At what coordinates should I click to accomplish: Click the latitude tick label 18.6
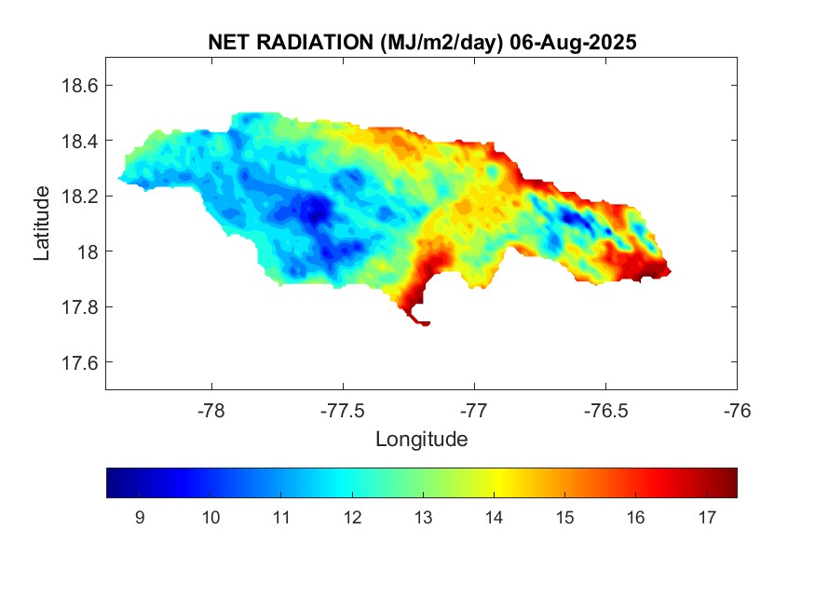79,86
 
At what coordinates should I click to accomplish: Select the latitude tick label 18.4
79,141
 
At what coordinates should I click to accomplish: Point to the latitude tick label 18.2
79,197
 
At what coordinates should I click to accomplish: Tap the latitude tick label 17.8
79,307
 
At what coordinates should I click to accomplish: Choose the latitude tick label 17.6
79,362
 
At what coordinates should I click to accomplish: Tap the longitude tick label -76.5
605,411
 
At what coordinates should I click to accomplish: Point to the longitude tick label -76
737,411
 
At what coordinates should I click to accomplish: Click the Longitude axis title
421,439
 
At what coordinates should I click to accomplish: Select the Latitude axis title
42,223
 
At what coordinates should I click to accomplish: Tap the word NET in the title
228,43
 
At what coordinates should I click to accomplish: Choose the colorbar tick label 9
139,518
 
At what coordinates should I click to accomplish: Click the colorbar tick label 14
494,518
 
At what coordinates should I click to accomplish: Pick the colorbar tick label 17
706,518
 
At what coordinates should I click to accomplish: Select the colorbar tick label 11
280,518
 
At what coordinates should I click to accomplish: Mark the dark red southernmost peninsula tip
424,323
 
